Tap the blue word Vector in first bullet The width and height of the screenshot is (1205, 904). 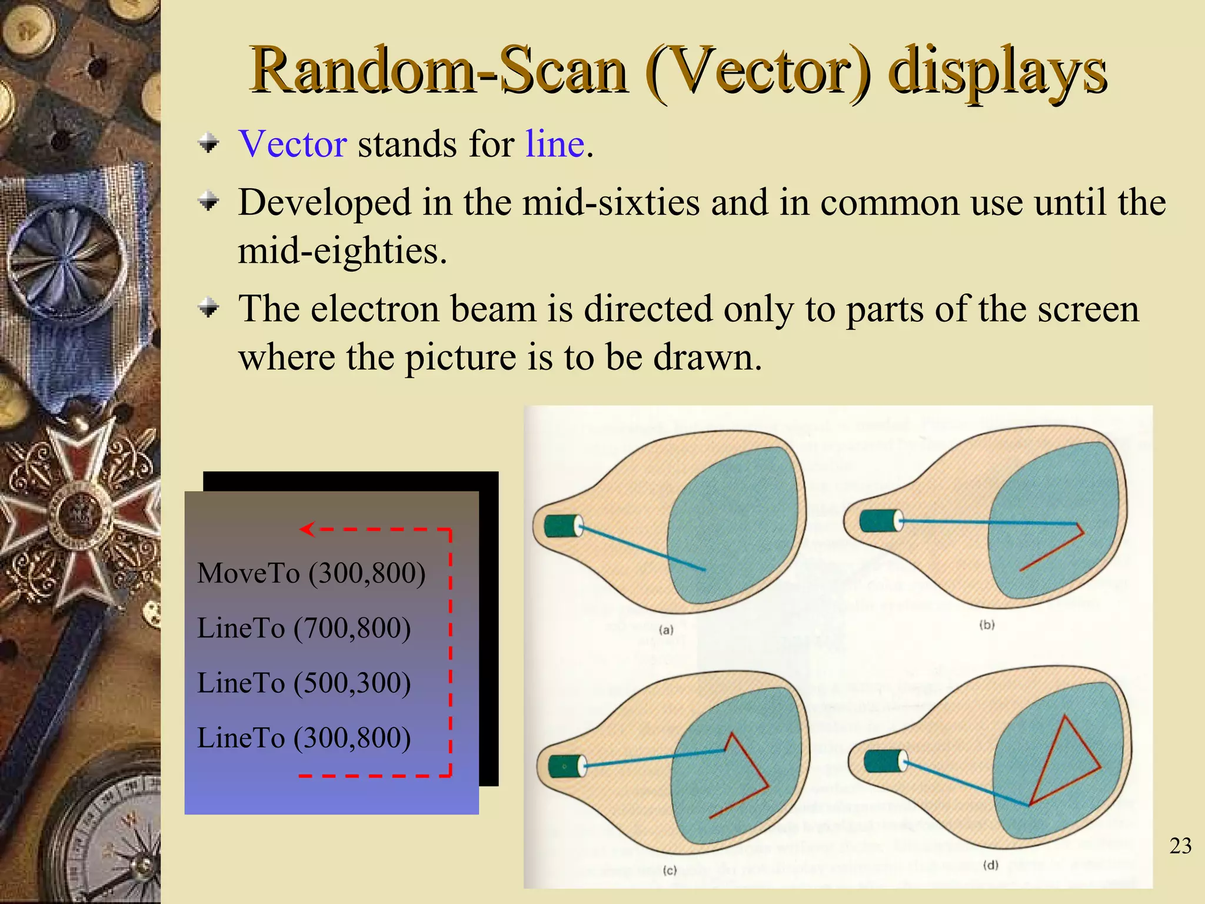tap(292, 144)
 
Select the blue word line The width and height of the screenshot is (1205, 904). tap(554, 144)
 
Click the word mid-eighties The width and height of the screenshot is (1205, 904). tap(342, 251)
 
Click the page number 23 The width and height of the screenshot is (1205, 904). tap(1180, 846)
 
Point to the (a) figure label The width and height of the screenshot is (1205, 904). tap(665, 630)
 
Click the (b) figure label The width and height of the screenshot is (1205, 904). tap(987, 624)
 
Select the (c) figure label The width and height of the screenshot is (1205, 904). tap(670, 870)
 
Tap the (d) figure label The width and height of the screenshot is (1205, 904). tap(991, 865)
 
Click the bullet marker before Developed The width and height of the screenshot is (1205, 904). tap(208, 202)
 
